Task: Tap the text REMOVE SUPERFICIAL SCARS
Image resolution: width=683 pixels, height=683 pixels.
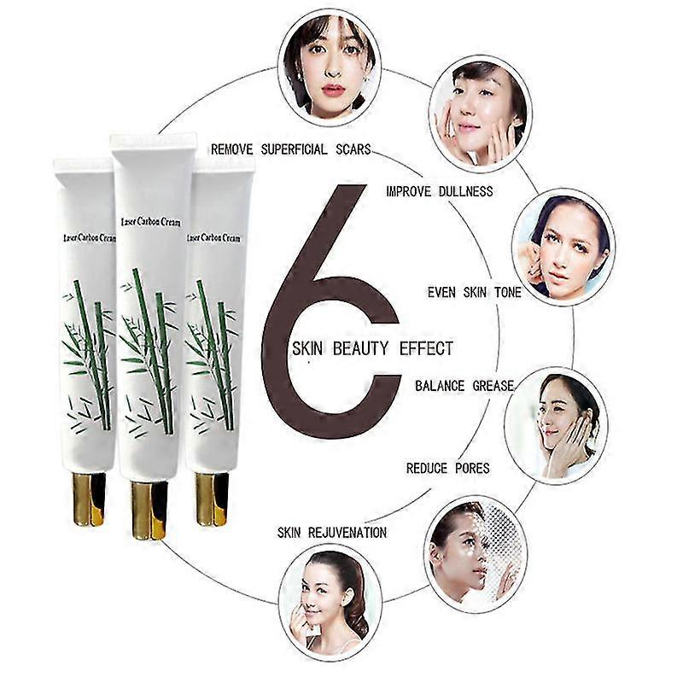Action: [290, 149]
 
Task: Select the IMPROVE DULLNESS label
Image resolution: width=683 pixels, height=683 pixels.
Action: [439, 190]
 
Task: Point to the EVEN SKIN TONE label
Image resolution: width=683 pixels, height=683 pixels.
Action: [475, 292]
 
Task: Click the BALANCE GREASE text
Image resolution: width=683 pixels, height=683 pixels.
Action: [464, 386]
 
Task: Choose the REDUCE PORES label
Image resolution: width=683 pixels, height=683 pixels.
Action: [447, 468]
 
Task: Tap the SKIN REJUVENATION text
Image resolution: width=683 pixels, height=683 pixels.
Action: [331, 533]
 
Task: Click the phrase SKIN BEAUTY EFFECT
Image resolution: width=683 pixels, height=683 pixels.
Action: [372, 348]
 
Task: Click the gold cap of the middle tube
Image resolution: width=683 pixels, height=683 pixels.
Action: [148, 509]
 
